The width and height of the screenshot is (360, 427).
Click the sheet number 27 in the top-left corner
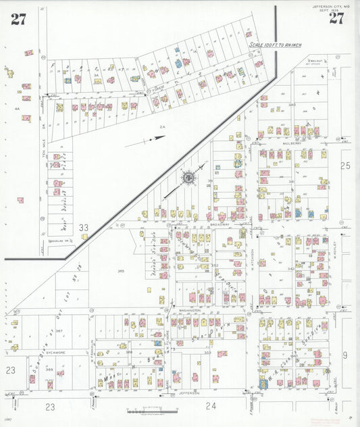(x=18, y=19)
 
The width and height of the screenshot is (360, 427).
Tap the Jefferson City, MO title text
(x=331, y=7)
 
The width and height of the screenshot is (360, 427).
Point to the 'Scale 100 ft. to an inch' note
(x=275, y=45)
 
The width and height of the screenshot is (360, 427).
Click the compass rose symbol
(x=188, y=178)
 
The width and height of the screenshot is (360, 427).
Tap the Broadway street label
(x=220, y=224)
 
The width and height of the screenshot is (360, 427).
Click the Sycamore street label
(x=55, y=352)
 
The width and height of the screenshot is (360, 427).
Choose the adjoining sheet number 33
(x=83, y=228)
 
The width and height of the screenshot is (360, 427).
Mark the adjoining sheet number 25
(x=346, y=165)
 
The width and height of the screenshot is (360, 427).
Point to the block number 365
(x=121, y=271)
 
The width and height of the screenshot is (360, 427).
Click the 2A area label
(x=162, y=126)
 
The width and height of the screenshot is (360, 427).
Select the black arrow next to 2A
(x=155, y=139)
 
